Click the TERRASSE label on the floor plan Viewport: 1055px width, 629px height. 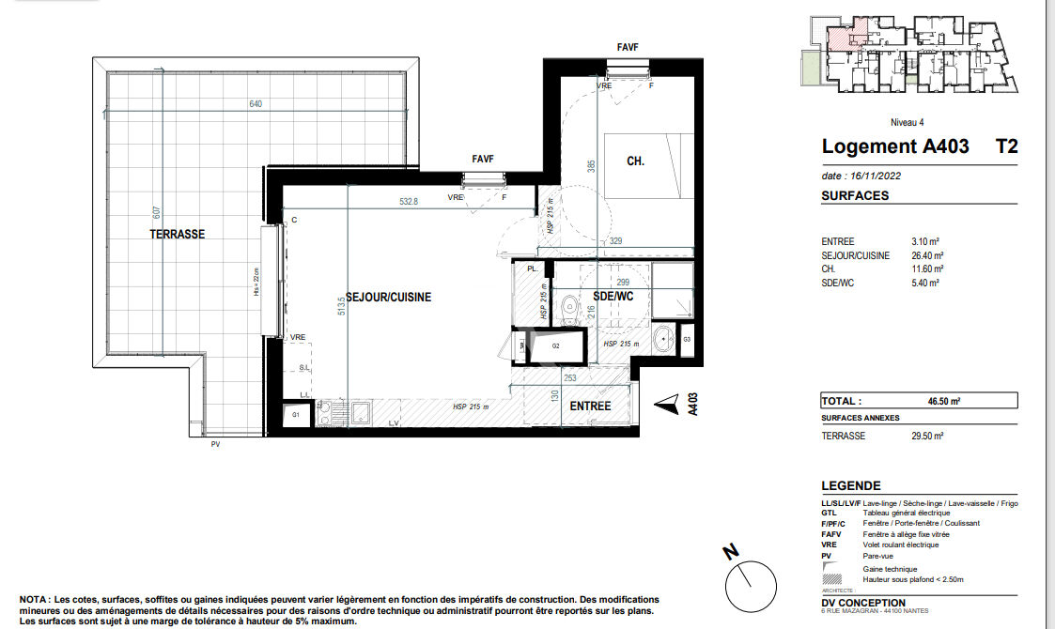coord(177,234)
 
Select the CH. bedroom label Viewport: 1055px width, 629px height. coord(635,161)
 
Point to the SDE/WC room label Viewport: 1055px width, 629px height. coord(613,297)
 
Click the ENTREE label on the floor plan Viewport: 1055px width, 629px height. coord(590,407)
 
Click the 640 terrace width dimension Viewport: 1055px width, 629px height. coord(256,104)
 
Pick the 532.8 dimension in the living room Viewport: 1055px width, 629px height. coord(408,201)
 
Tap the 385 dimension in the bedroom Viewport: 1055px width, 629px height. coord(592,166)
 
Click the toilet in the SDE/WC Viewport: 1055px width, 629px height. coord(569,307)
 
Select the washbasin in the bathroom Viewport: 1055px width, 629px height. coord(664,337)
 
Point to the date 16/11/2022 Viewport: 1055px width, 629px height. coord(861,176)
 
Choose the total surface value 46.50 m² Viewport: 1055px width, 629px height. coord(943,401)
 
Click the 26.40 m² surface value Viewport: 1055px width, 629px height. coord(928,255)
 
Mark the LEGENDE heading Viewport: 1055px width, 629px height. coord(850,485)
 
